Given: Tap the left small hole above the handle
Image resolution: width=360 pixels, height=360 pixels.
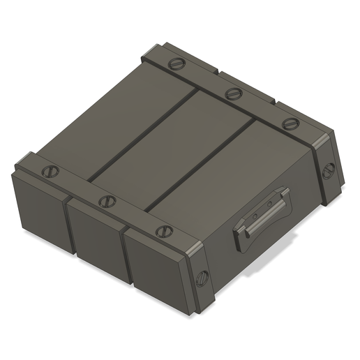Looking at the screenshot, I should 255,215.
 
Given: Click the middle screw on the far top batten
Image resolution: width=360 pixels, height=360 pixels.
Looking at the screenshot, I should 232,93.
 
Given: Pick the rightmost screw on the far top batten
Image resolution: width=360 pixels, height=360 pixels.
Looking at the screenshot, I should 290,124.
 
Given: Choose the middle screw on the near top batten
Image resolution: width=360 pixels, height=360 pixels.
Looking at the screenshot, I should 106,202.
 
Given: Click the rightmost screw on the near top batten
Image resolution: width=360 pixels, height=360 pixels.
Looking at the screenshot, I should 163,231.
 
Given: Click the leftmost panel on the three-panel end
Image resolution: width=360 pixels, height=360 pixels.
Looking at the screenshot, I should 38,213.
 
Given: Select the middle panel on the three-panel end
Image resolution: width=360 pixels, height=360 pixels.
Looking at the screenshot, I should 95,237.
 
